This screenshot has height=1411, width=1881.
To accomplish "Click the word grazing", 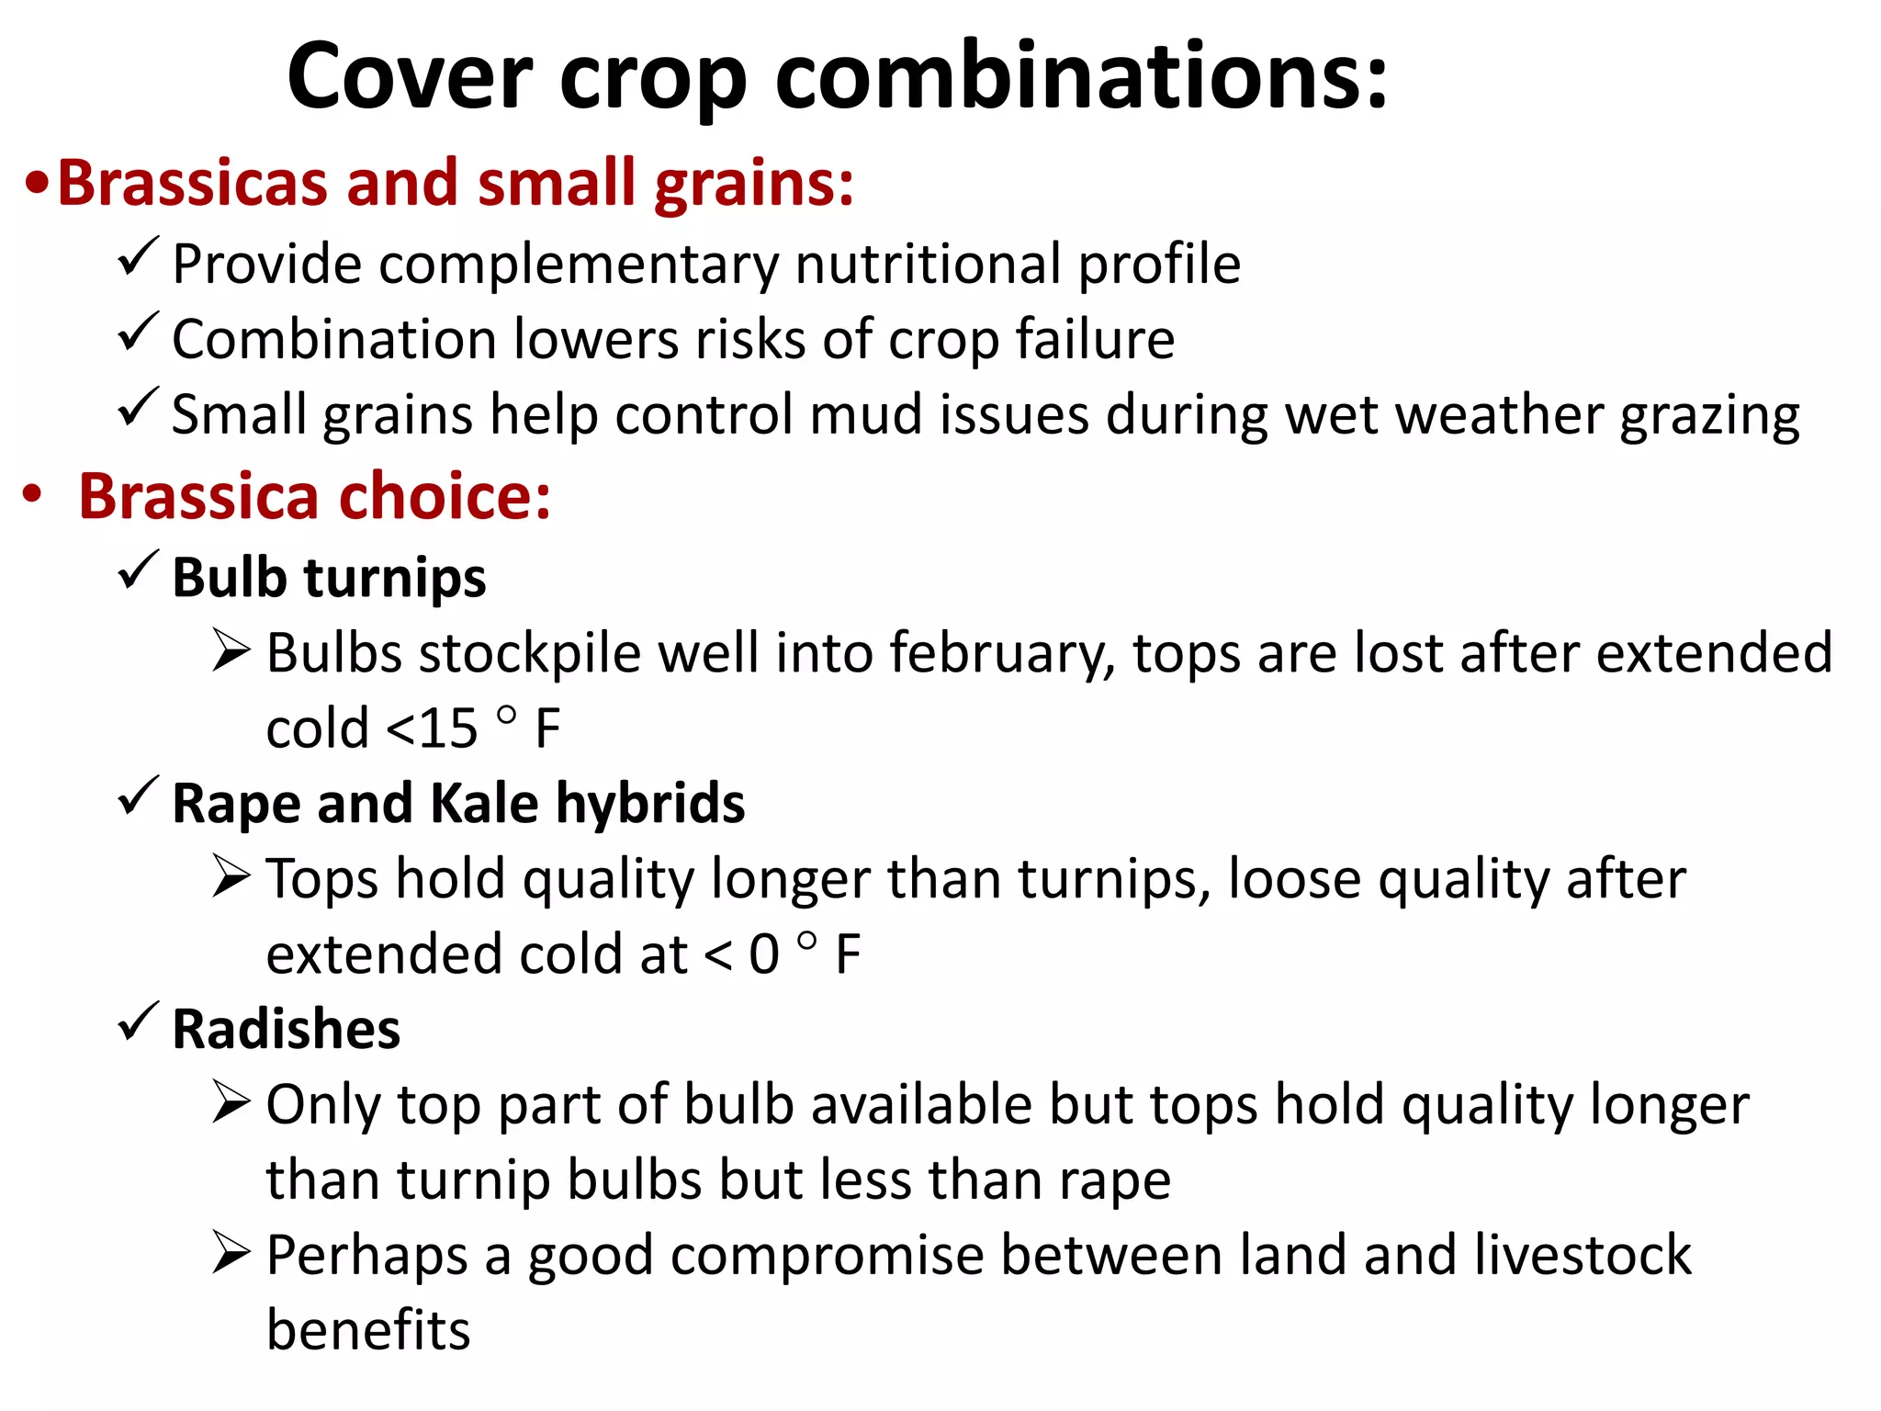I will (1709, 416).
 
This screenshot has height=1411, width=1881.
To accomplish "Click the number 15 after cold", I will (448, 729).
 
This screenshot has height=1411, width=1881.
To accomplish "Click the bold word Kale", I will (484, 804).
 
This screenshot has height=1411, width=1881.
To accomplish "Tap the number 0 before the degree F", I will (764, 954).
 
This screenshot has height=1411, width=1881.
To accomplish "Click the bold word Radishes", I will (287, 1029).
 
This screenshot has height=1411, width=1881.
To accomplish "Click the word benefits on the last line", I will (368, 1330).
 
